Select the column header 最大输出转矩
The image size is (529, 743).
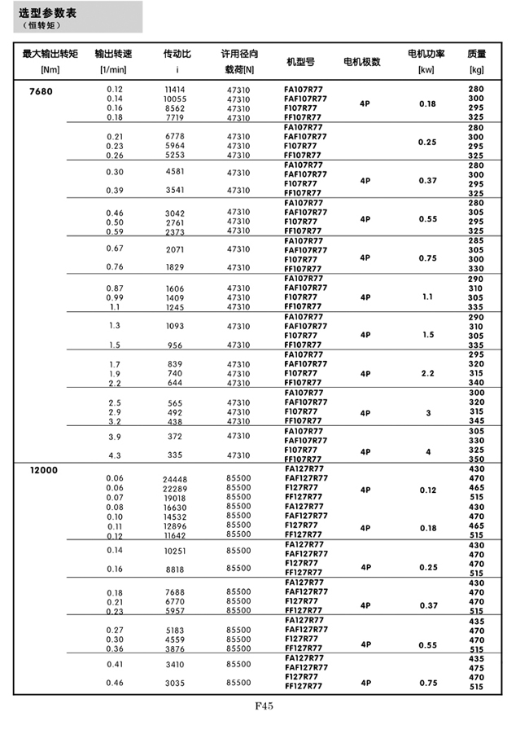[50, 54]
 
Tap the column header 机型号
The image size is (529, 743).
[300, 61]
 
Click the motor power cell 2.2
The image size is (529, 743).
[427, 373]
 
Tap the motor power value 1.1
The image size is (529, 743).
[427, 297]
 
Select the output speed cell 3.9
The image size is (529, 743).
[115, 437]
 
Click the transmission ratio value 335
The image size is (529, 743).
[175, 455]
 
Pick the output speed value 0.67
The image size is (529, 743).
[115, 248]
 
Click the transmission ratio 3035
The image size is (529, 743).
[175, 683]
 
